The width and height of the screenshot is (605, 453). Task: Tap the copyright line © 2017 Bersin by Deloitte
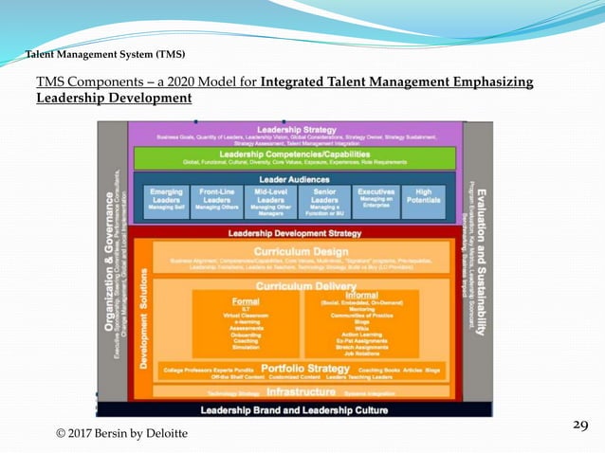121,433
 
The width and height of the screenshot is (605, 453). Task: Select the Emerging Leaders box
166,200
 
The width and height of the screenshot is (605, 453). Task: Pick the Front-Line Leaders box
217,200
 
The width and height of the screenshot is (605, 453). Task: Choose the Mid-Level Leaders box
271,200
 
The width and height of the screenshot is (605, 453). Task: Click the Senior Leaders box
324,200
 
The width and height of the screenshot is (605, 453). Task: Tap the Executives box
376,200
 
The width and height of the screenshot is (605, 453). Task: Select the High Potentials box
423,197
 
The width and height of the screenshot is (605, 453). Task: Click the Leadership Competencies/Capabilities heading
294,154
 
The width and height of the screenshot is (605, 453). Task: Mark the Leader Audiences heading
294,179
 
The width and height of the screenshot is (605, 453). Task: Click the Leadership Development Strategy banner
294,232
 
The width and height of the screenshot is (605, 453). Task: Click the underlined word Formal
245,301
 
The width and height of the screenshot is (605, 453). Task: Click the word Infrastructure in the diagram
300,390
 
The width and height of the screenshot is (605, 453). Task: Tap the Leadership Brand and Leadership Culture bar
294,409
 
